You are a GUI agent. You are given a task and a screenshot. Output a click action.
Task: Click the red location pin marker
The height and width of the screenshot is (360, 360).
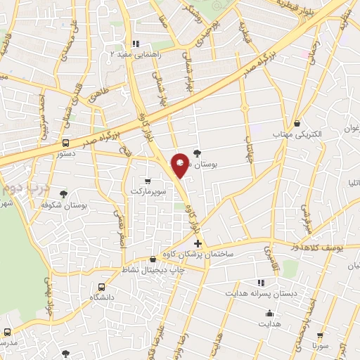pyautogui.click(x=180, y=164)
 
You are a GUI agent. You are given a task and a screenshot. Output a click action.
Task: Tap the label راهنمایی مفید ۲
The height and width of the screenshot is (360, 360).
pyautogui.click(x=139, y=53)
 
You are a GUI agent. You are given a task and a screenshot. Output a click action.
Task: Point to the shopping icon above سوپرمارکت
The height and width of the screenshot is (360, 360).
pyautogui.click(x=147, y=179)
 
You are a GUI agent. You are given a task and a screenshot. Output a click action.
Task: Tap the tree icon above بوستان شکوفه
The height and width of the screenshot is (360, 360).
pyautogui.click(x=64, y=193)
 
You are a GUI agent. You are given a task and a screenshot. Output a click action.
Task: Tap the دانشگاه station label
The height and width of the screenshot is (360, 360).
pyautogui.click(x=103, y=297)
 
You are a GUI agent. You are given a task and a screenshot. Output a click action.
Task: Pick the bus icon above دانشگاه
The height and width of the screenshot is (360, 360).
pyautogui.click(x=103, y=286)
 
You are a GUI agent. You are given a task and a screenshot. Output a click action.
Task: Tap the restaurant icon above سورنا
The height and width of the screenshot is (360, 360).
pyautogui.click(x=321, y=336)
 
